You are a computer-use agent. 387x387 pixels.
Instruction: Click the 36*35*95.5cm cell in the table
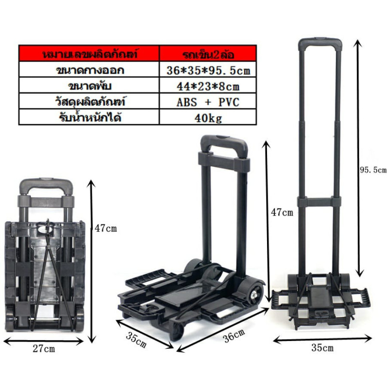[208, 70]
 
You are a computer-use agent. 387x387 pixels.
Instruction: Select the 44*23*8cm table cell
[208, 86]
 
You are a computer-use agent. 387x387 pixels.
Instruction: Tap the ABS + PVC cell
[208, 102]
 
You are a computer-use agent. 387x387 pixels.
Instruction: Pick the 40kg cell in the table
[208, 117]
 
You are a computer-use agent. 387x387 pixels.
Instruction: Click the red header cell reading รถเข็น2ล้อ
[208, 54]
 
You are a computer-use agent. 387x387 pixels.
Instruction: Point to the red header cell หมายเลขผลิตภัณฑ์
[89, 54]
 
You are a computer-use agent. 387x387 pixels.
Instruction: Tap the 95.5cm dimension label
[372, 170]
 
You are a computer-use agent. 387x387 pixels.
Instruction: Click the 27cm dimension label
[44, 349]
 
